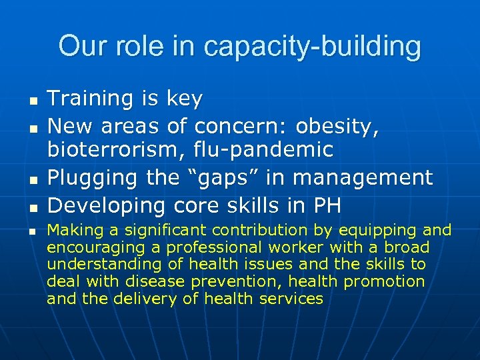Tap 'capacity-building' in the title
[x=313, y=47]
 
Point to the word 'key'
[x=184, y=99]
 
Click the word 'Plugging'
[x=90, y=178]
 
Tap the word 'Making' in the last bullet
[x=71, y=231]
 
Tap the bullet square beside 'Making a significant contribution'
[x=32, y=232]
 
